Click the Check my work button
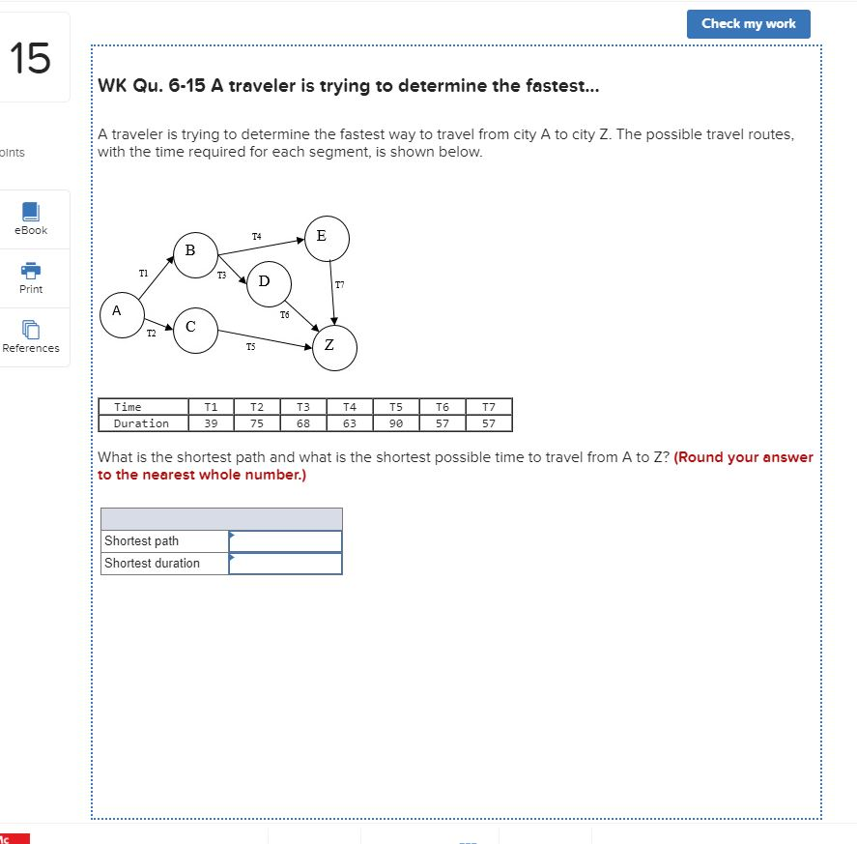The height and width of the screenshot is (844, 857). click(x=748, y=24)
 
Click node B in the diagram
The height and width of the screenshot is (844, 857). click(x=194, y=252)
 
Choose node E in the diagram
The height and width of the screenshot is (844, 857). click(x=326, y=238)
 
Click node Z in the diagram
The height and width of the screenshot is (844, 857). click(x=333, y=348)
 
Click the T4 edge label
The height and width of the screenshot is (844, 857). click(x=256, y=236)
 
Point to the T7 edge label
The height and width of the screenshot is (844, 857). click(x=339, y=285)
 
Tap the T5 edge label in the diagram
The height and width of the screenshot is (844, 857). click(x=251, y=345)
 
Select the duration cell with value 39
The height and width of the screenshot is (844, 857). click(x=211, y=423)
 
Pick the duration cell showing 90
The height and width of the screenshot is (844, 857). click(x=396, y=423)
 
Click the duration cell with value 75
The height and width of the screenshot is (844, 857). click(x=257, y=423)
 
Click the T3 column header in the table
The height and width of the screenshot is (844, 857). click(x=303, y=407)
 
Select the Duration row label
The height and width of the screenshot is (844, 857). click(x=142, y=423)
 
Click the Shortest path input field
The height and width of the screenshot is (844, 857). click(x=285, y=541)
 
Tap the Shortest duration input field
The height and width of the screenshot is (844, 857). click(x=285, y=564)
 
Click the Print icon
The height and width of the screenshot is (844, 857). click(x=31, y=272)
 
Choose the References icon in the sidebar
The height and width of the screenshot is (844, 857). click(x=31, y=331)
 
